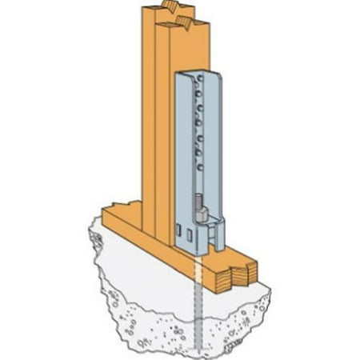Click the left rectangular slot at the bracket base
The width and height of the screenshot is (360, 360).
(186, 235)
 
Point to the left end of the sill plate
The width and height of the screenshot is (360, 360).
(108, 216)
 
